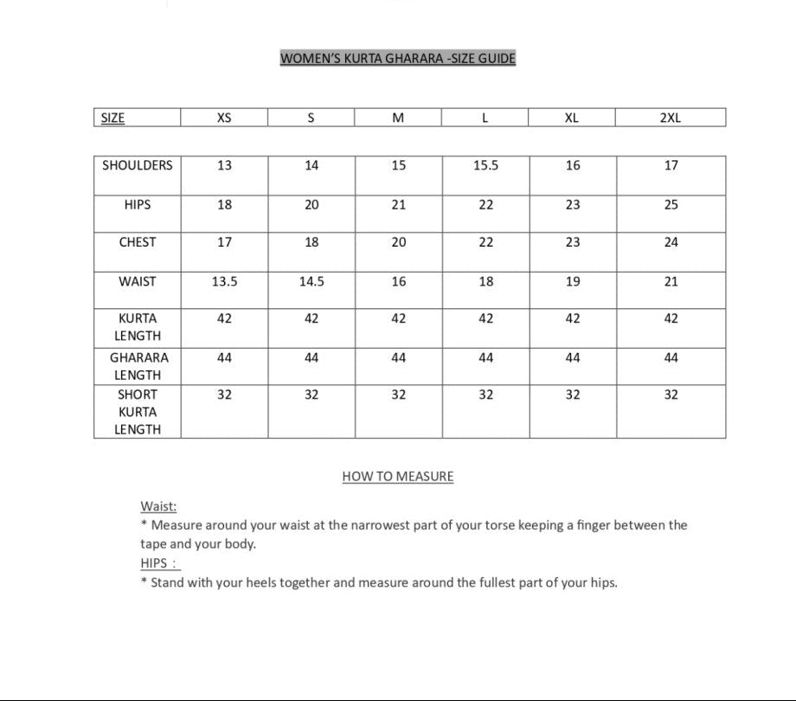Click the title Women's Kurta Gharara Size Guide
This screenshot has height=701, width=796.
point(397,59)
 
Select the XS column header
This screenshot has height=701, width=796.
point(224,119)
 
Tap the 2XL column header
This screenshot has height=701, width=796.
point(671,119)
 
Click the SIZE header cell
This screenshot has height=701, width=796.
point(112,119)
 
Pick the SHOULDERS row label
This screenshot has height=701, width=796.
point(138,165)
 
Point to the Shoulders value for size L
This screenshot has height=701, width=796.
point(485,165)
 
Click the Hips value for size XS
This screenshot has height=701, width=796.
point(224,205)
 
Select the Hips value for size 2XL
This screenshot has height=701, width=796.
point(671,205)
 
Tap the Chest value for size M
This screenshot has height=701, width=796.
point(398,243)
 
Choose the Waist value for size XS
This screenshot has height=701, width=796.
point(224,281)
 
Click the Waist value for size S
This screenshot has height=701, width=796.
point(311,281)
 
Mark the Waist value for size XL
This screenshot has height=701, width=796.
point(573,281)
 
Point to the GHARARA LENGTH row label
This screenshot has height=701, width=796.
point(138,366)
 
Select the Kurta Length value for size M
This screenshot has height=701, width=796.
point(398,318)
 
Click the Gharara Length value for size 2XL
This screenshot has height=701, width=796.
point(671,357)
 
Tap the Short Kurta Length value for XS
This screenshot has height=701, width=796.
point(224,395)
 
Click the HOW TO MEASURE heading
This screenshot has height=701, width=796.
point(398,476)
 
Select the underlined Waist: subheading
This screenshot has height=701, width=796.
point(158,507)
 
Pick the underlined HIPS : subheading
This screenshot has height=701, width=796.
point(159,563)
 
